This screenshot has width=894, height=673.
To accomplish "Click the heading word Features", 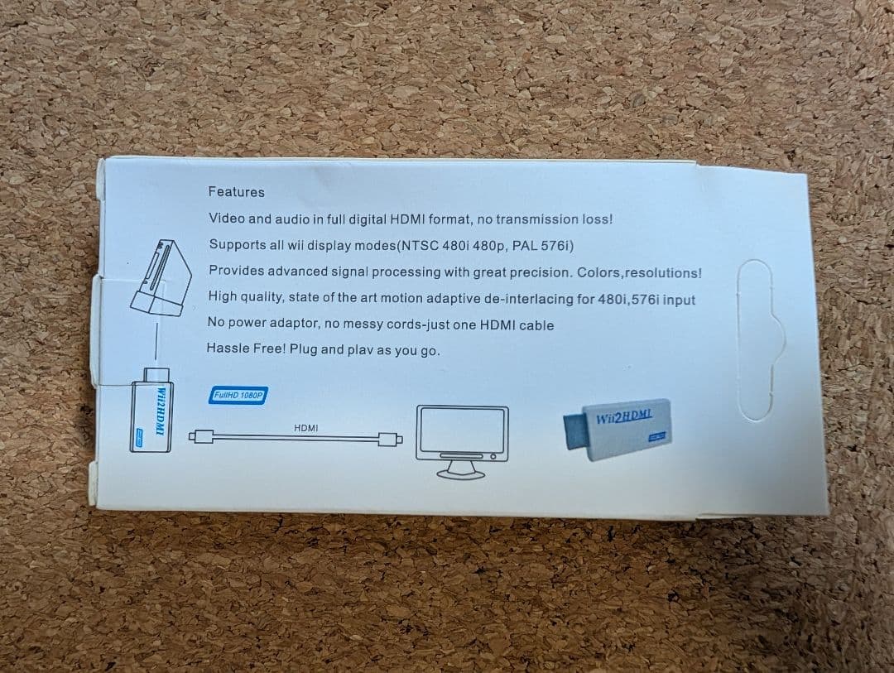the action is (236, 191).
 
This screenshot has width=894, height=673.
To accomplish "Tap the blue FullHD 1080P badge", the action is (238, 395).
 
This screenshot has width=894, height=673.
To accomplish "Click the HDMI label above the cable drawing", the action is (306, 428).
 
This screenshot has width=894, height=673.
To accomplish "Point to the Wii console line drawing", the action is (161, 278).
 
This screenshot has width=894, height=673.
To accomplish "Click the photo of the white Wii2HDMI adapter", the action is (618, 429).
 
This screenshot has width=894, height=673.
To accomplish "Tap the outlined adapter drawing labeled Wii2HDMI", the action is (151, 411).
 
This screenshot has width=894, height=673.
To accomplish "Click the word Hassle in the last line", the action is (225, 348).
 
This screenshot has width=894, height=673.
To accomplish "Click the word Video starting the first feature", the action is (226, 218).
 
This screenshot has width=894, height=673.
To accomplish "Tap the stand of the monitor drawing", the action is (461, 469).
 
